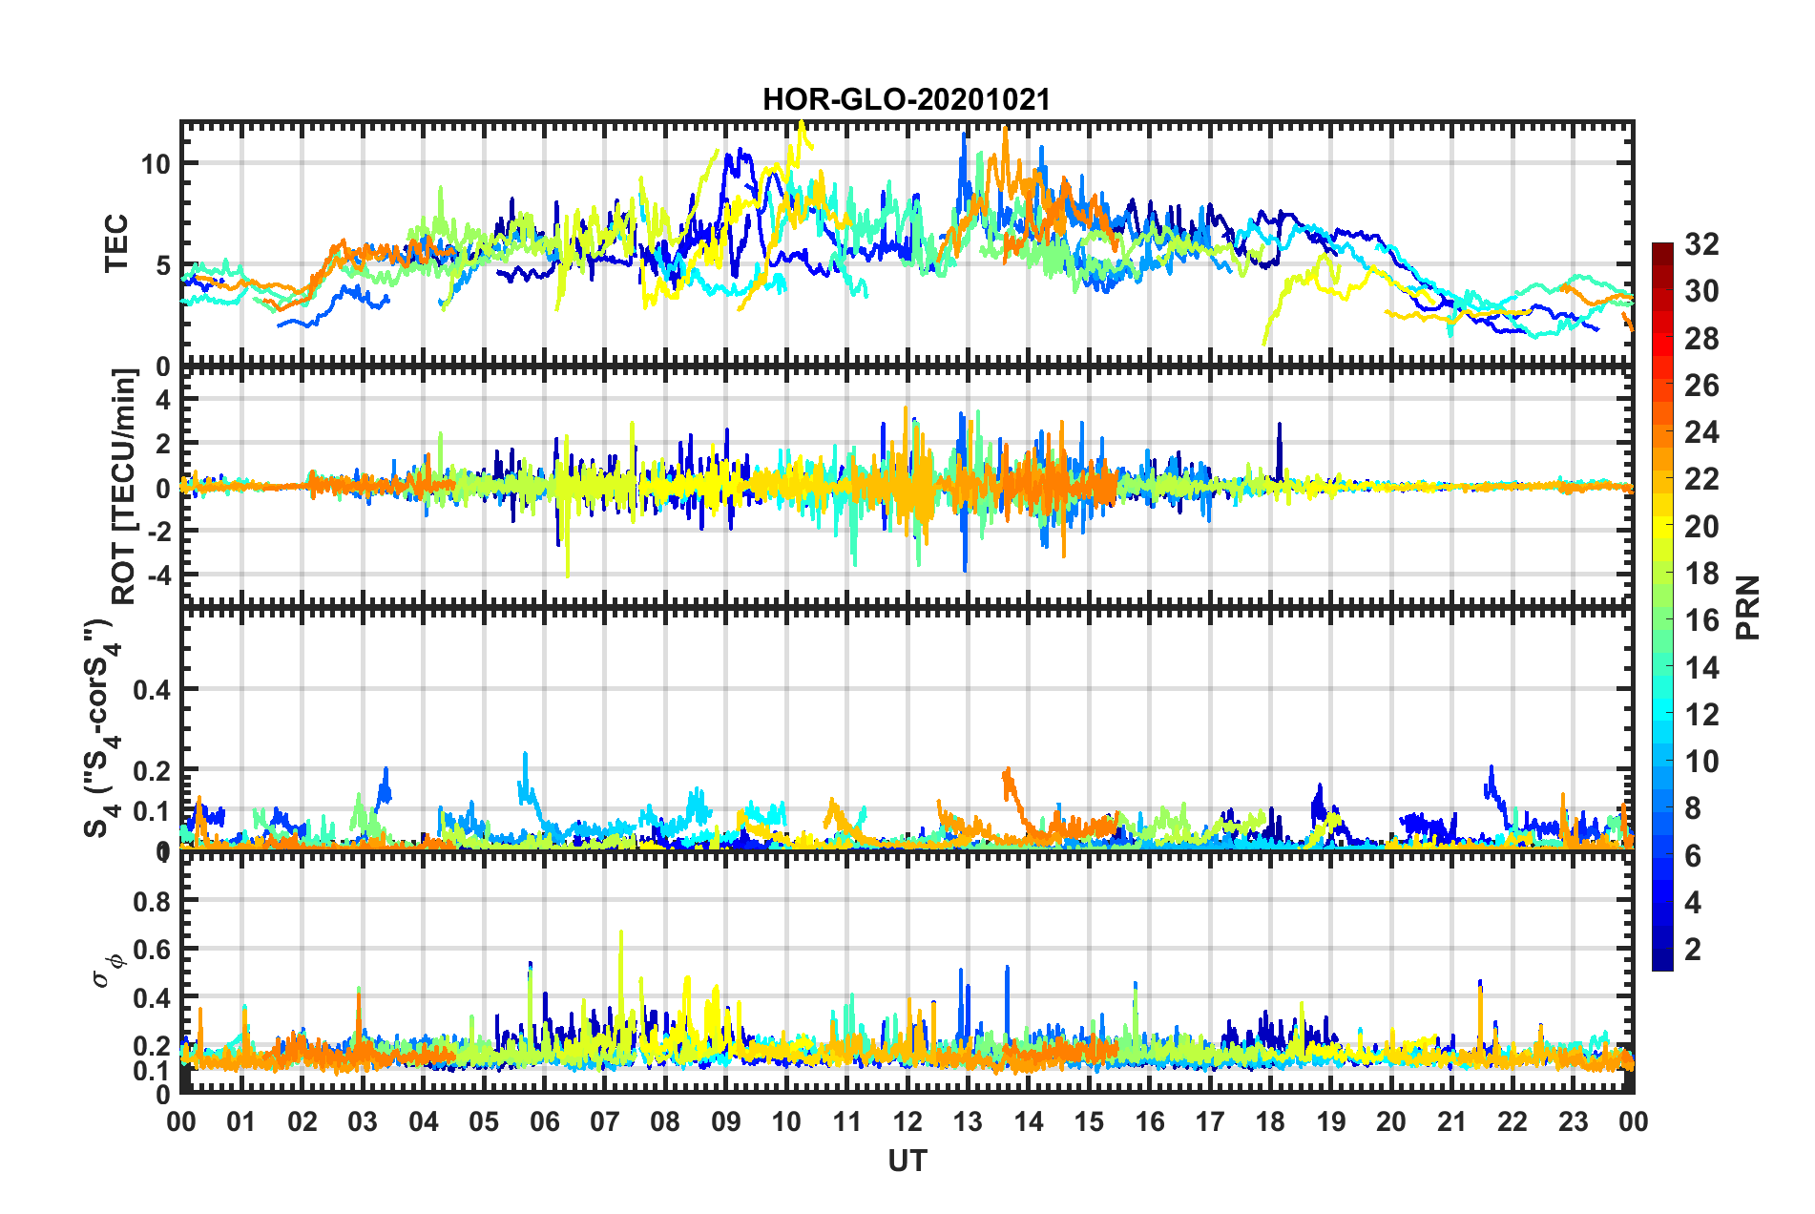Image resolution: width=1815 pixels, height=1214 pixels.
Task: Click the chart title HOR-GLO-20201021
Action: (x=906, y=100)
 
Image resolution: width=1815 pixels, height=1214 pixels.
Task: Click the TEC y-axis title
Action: (x=115, y=244)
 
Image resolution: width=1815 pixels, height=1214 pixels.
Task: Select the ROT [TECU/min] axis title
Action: (x=124, y=487)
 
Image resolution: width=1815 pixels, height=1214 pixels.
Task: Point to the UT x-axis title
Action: (x=907, y=1161)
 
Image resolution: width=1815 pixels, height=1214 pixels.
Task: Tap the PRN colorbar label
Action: (x=1747, y=607)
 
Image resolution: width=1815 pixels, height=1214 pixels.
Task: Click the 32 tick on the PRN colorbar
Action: (x=1701, y=244)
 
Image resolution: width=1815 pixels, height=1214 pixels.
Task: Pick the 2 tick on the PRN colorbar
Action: (x=1693, y=949)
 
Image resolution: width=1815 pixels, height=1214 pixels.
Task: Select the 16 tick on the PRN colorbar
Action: (x=1701, y=620)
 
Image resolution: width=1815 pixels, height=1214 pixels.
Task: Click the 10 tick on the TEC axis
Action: (x=156, y=164)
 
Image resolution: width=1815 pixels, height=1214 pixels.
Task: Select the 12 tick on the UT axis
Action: (x=907, y=1121)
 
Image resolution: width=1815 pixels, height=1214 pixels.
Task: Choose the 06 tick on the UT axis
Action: (x=544, y=1121)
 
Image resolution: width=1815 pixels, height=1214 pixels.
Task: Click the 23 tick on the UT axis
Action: (x=1573, y=1121)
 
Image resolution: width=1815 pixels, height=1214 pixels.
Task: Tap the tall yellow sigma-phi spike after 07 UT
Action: (x=621, y=935)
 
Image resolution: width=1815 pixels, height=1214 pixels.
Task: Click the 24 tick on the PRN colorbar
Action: (x=1701, y=432)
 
